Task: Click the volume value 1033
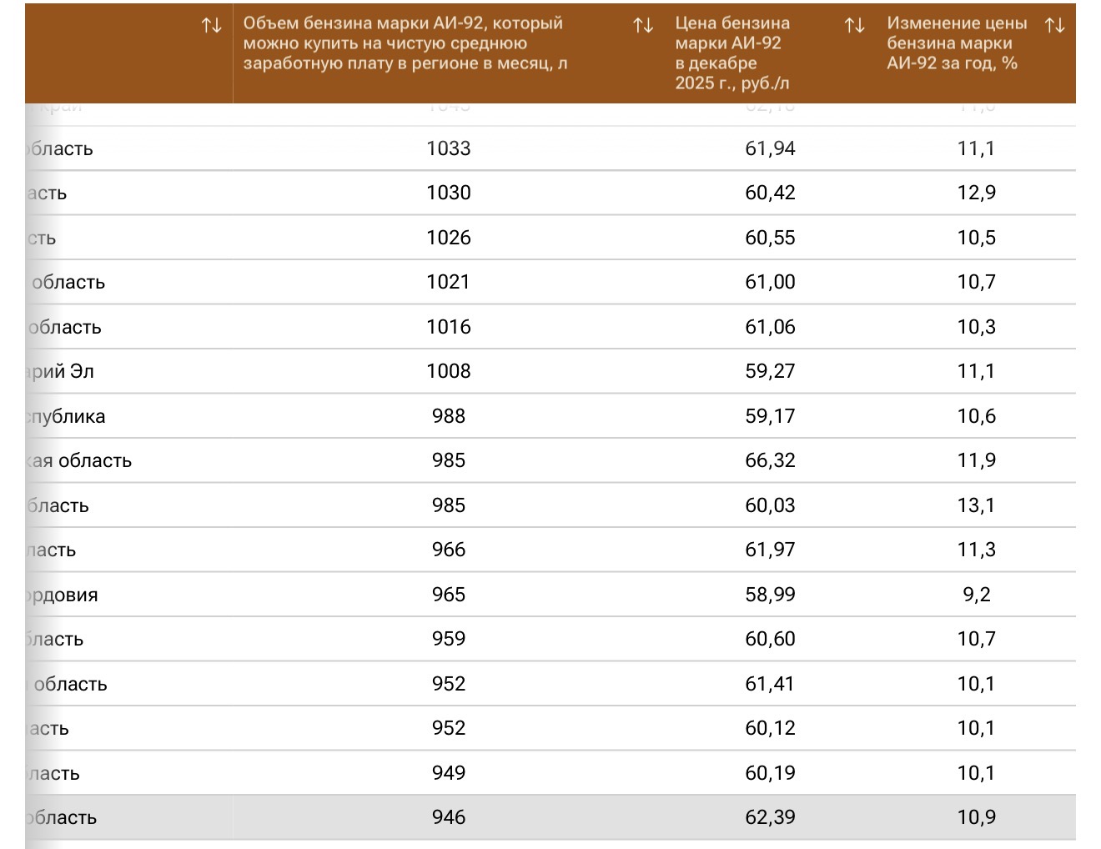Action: pos(449,148)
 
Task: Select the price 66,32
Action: pos(770,460)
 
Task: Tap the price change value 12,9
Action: pos(976,193)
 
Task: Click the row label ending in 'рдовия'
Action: pos(63,595)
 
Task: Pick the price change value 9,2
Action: pos(976,595)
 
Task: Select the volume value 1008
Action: pos(449,371)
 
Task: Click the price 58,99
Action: pos(770,595)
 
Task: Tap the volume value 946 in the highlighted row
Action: pos(449,817)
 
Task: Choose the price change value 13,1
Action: pos(976,505)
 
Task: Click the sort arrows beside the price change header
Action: pos(1054,26)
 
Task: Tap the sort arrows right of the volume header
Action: pos(643,26)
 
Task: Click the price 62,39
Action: pos(770,817)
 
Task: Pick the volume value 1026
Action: pos(449,238)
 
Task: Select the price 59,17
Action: pos(770,416)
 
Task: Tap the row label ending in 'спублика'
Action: pos(66,416)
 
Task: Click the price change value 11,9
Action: pos(976,460)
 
